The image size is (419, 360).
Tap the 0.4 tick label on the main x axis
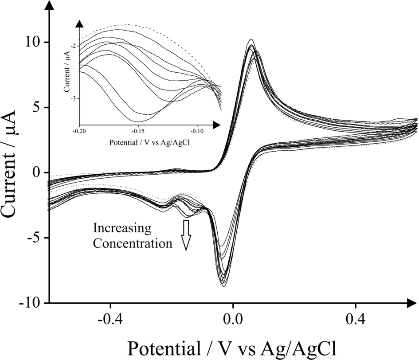click(356, 319)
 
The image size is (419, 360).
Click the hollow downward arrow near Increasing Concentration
click(186, 235)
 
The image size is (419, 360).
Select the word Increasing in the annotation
click(123, 229)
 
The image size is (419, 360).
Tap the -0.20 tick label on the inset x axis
click(79, 132)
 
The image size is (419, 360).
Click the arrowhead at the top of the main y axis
click(49, 6)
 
